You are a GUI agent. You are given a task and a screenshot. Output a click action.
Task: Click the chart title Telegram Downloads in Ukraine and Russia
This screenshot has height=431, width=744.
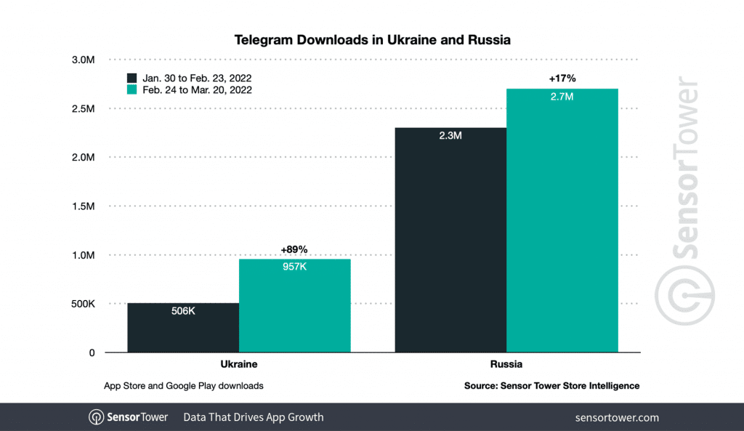372,40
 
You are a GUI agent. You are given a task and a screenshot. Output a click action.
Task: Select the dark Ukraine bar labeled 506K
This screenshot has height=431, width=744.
183,327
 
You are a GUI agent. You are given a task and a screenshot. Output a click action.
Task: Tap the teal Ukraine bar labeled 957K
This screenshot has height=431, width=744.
294,305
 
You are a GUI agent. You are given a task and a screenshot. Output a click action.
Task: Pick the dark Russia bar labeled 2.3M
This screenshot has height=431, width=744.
450,240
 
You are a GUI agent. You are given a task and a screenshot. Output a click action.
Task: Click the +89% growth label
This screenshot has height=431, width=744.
294,250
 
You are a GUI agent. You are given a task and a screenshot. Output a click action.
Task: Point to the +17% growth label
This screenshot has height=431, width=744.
562,79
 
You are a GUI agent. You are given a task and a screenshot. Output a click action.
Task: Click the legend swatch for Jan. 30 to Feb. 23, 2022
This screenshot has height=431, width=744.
132,78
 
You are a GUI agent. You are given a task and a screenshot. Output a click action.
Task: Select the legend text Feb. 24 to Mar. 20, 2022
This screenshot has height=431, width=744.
197,89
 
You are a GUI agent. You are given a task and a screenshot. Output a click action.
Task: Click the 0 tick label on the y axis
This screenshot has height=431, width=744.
92,353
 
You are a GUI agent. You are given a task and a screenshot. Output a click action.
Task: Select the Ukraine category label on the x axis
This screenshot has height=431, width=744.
238,363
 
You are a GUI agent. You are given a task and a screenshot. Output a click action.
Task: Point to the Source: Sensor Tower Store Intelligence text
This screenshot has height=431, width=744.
551,386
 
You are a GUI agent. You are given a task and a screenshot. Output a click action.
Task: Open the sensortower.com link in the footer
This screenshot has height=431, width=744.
616,417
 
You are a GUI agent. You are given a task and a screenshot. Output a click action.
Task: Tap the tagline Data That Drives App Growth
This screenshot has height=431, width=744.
253,417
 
